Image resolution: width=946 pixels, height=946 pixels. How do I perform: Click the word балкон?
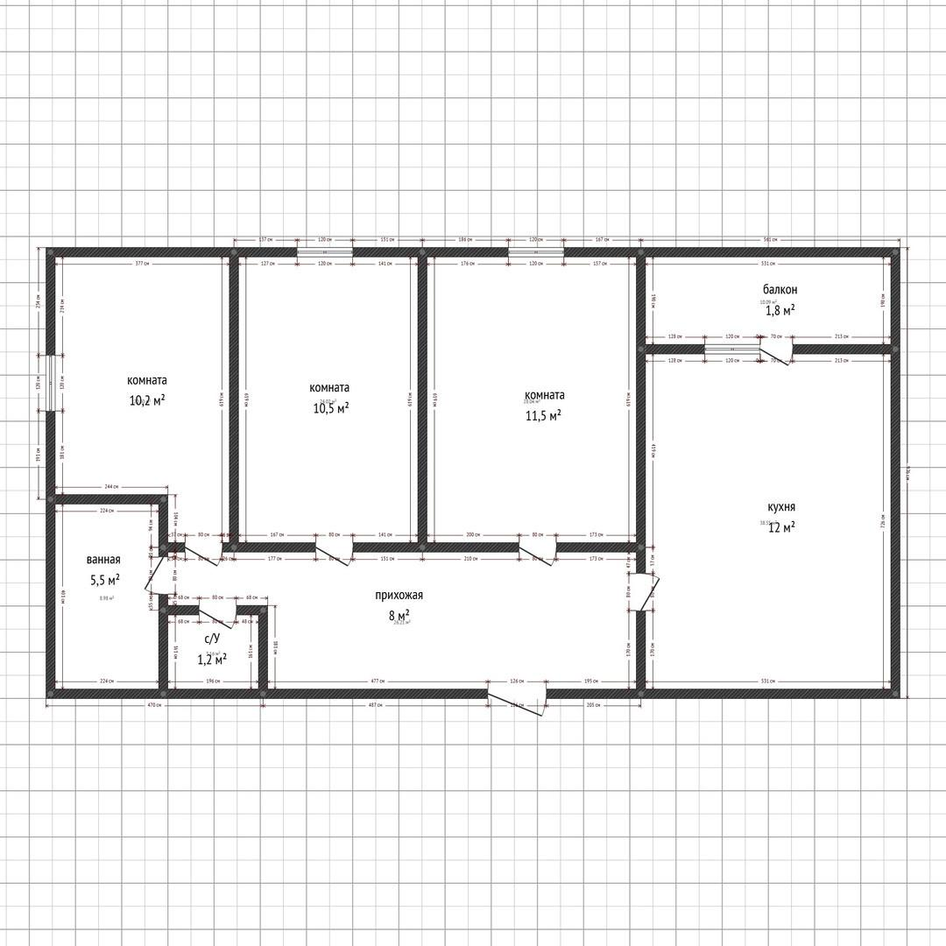point(780,289)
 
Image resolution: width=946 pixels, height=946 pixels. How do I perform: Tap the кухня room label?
point(781,507)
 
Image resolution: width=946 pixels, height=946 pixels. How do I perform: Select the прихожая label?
point(399,596)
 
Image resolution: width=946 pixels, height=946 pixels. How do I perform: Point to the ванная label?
point(103,560)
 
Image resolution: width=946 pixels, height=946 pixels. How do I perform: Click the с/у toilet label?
point(211,639)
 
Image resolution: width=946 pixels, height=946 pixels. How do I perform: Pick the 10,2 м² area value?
point(148,400)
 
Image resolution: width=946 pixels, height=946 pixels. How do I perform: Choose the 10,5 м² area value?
point(330,407)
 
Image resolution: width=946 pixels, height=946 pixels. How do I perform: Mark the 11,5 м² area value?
point(544,415)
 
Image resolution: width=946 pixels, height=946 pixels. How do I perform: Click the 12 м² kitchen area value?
point(781,526)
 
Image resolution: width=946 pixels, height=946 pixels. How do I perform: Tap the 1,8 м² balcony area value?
point(780,309)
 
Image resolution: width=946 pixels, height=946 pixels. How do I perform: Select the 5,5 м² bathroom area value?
point(104,580)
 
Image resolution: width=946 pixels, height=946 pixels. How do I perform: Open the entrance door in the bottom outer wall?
point(517,701)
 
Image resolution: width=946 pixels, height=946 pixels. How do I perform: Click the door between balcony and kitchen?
point(776,354)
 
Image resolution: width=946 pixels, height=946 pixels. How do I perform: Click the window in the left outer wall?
point(52,383)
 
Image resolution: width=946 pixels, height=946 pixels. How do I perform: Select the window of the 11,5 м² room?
point(535,252)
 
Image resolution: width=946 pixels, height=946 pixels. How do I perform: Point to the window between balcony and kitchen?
point(731,349)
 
